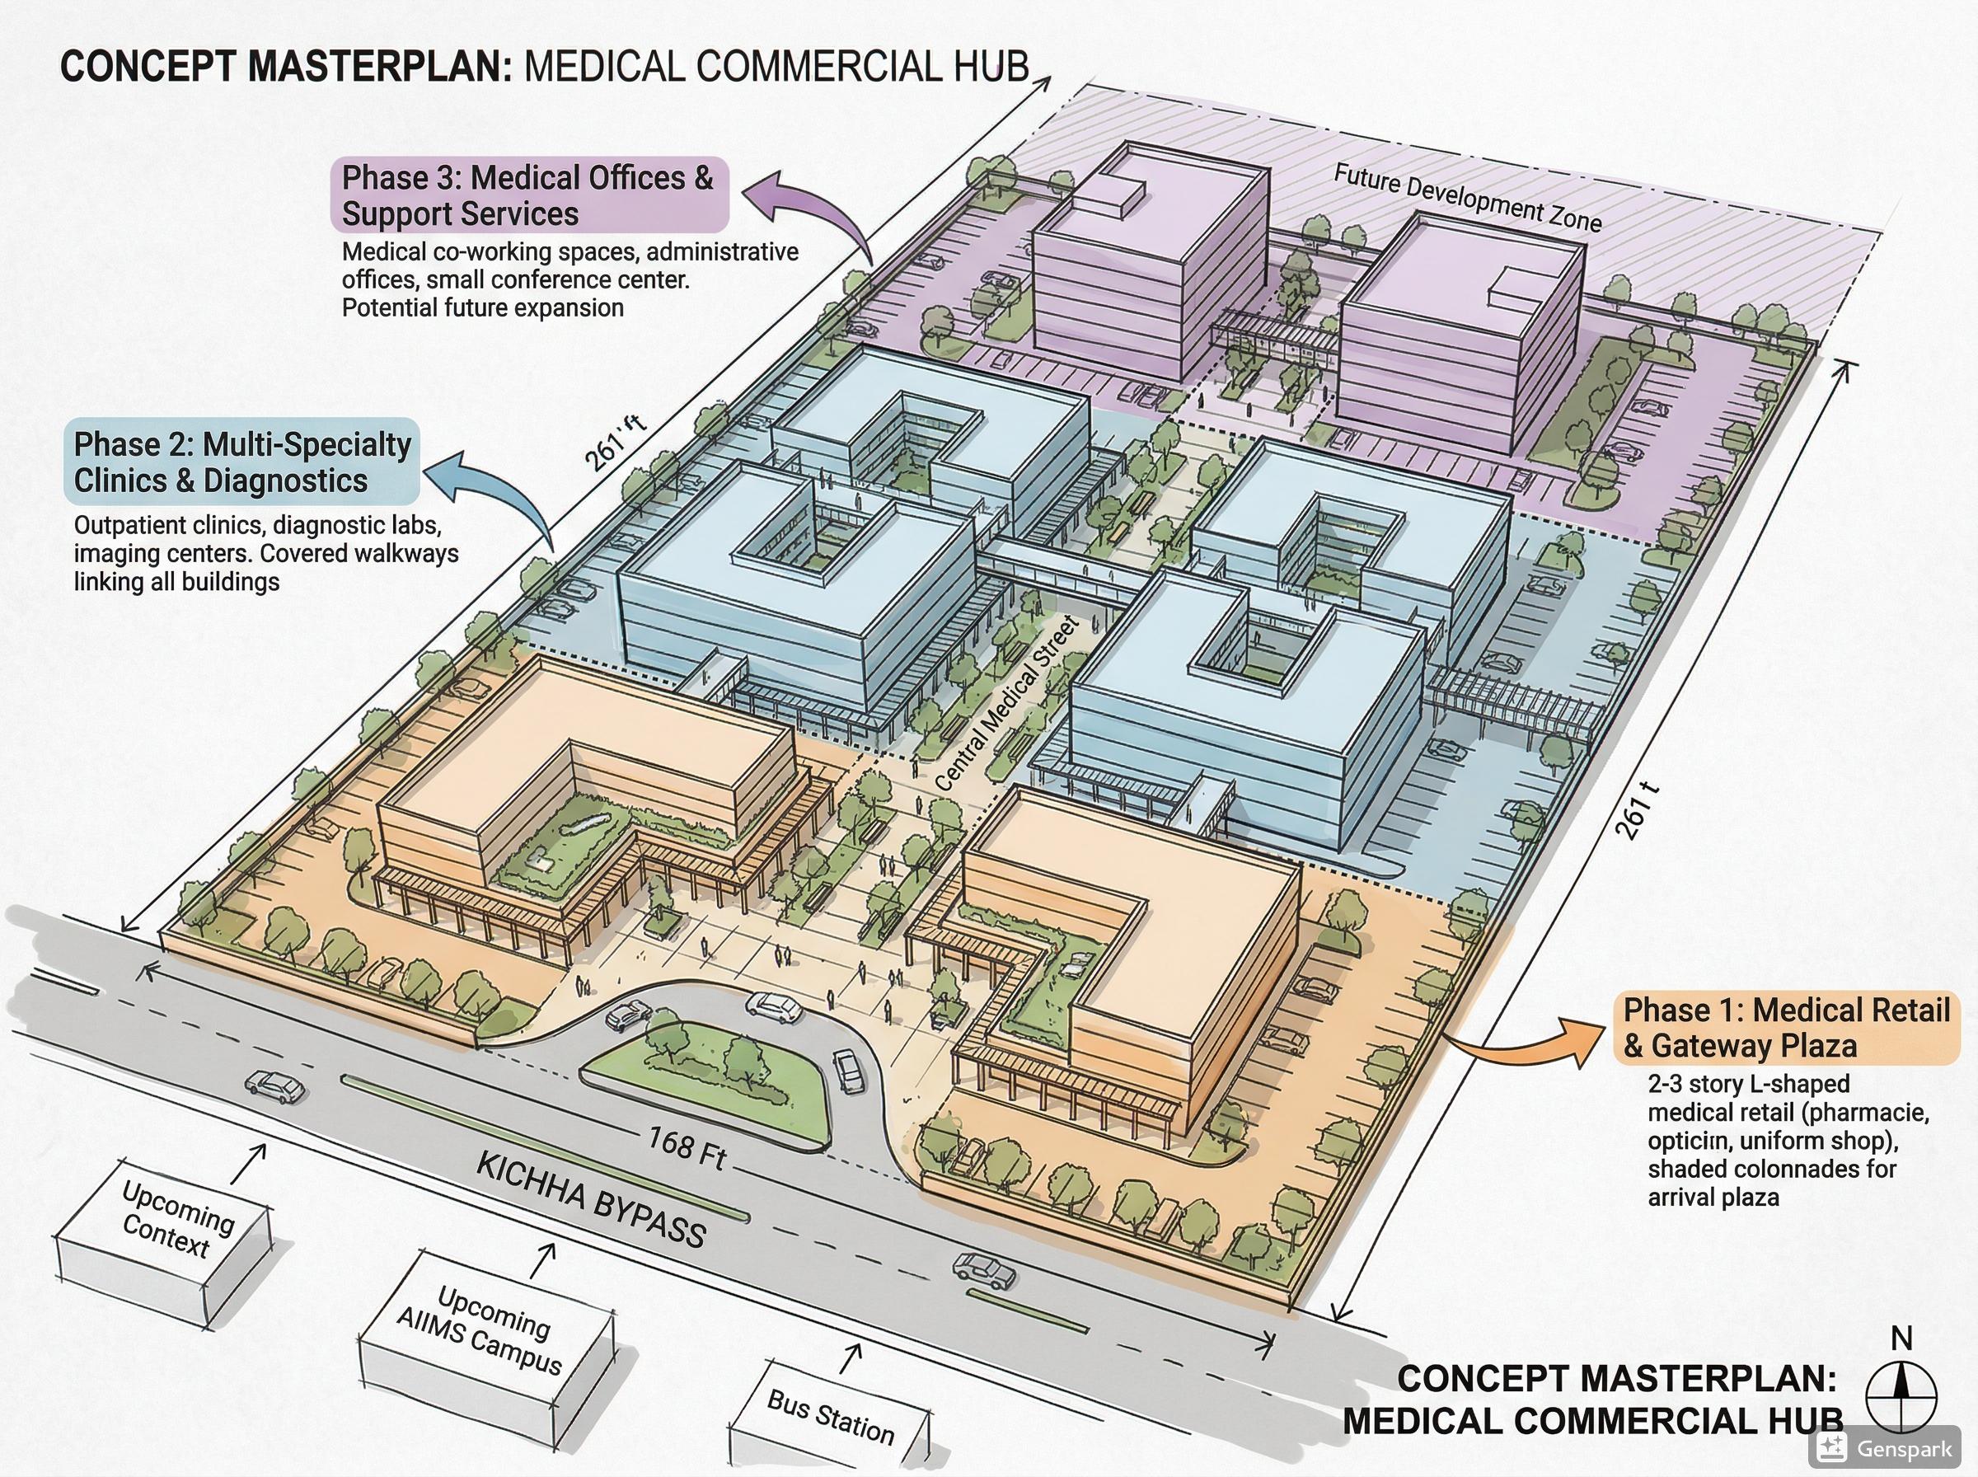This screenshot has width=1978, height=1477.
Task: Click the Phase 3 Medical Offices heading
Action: coord(528,195)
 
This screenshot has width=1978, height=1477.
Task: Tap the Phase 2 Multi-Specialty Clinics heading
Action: coord(242,462)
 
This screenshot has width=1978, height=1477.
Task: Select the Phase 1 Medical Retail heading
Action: coord(1786,1027)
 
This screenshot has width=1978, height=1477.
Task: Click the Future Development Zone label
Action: coord(1467,198)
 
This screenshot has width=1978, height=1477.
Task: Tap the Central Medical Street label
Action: coord(1006,703)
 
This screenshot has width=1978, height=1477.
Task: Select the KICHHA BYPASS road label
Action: coord(591,1200)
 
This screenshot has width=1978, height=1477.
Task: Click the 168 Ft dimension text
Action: coord(686,1147)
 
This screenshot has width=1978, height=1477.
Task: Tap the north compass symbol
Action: coord(1901,1394)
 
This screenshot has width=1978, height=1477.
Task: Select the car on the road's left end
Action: coord(274,1087)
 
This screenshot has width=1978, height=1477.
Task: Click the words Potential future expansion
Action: coord(483,307)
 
